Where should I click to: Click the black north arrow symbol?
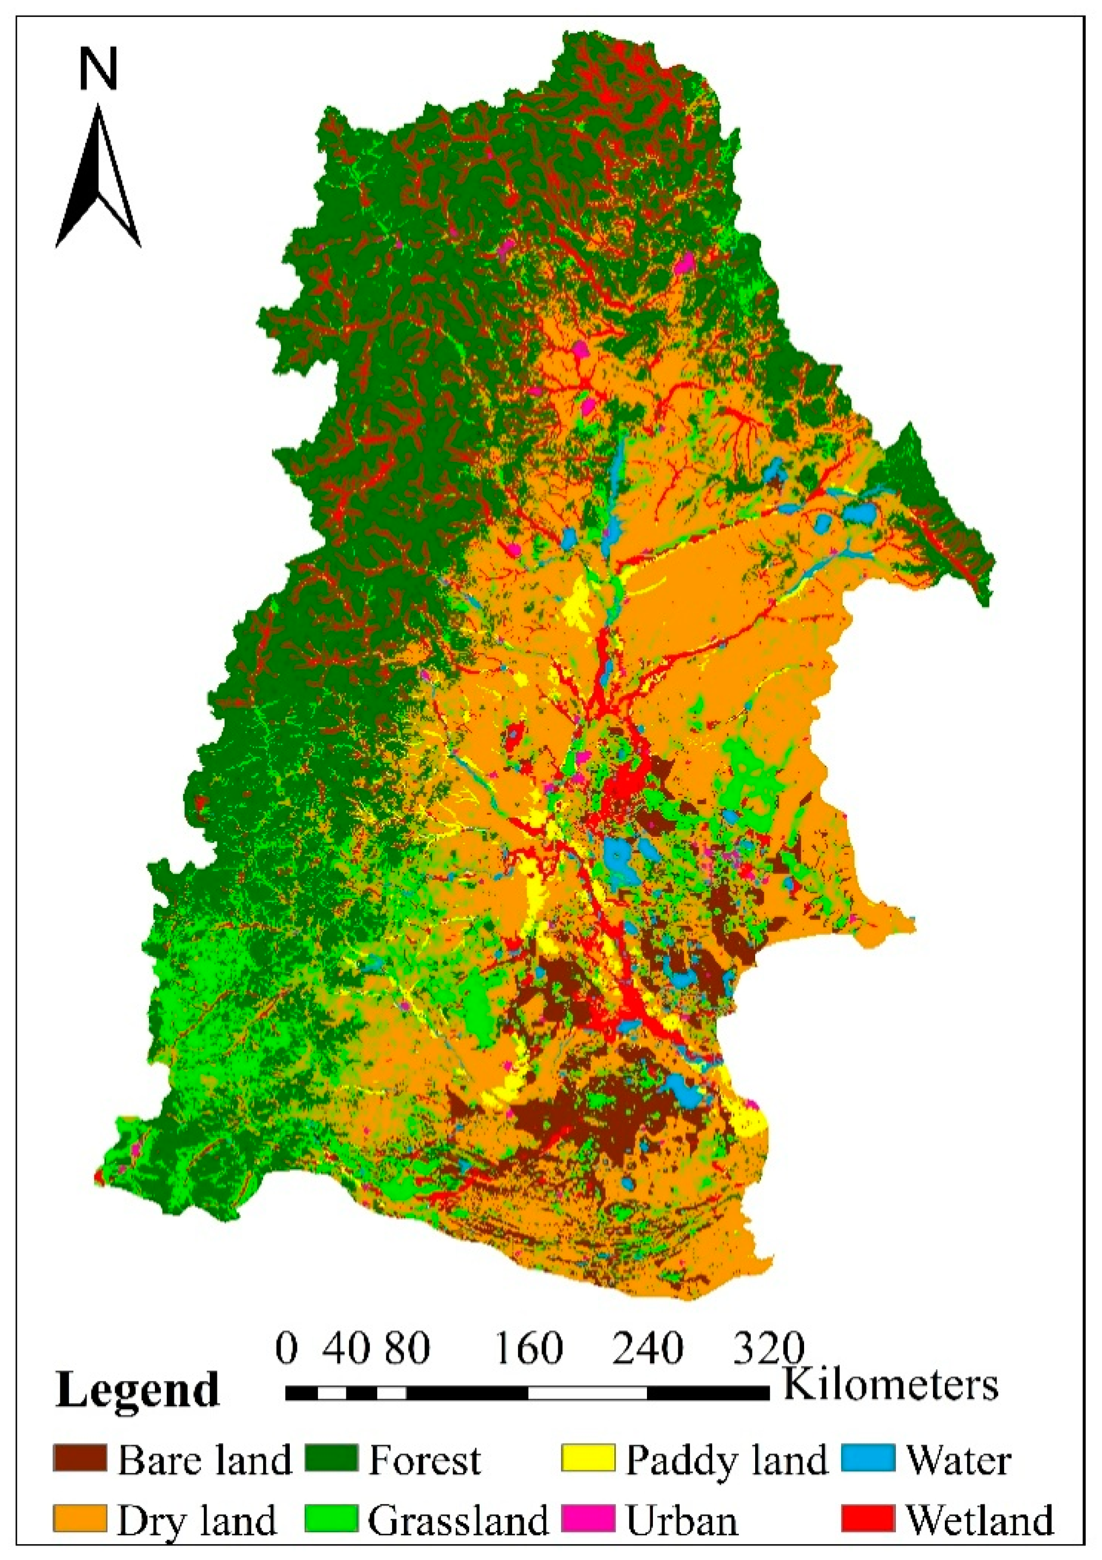[x=98, y=180]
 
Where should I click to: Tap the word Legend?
[x=138, y=1391]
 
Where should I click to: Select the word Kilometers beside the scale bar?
[x=891, y=1383]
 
